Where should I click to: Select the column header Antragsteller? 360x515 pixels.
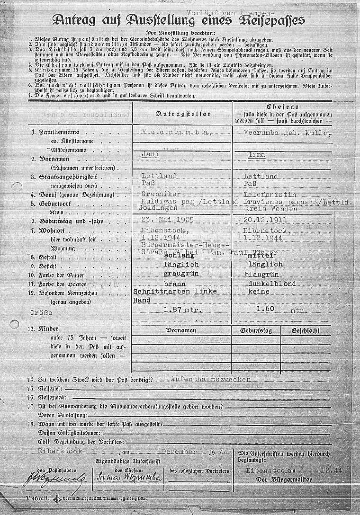182,114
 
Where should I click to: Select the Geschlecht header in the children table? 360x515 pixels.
305,330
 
